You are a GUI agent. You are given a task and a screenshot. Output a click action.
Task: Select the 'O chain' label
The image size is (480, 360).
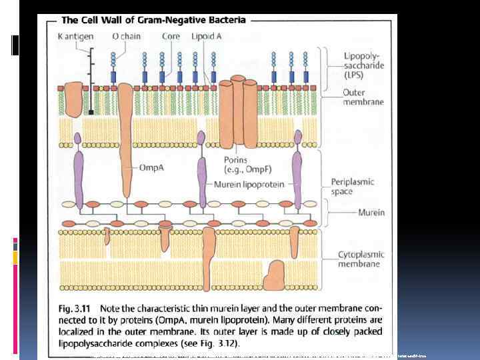(x=126, y=36)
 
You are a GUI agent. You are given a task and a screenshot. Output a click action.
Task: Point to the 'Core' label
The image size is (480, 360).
(x=171, y=36)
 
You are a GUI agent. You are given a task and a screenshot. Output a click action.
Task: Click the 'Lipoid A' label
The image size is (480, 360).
(x=206, y=36)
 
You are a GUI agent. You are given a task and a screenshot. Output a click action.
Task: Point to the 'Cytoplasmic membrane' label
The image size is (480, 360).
(x=358, y=259)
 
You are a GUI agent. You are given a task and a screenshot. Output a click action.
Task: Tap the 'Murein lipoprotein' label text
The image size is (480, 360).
(x=249, y=184)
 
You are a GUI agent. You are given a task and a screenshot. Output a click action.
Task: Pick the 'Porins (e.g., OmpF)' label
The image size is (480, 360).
(x=239, y=164)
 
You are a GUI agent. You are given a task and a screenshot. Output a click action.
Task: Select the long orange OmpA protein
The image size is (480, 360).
(x=125, y=133)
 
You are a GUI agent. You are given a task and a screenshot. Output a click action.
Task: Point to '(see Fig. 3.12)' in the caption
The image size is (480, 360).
(x=211, y=343)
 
